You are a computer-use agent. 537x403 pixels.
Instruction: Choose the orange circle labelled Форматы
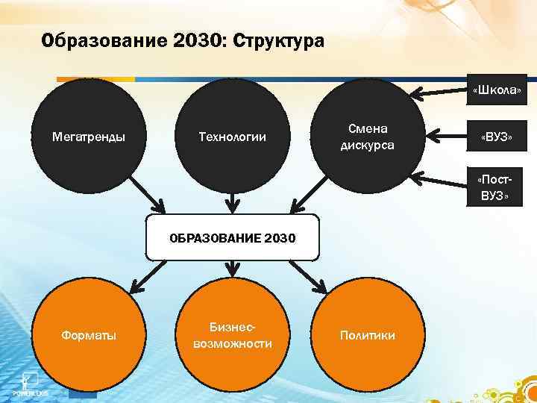[x=88, y=335]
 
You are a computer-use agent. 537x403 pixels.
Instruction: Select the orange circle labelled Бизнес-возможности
[x=232, y=335]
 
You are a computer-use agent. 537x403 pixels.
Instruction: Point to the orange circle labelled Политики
[x=367, y=335]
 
